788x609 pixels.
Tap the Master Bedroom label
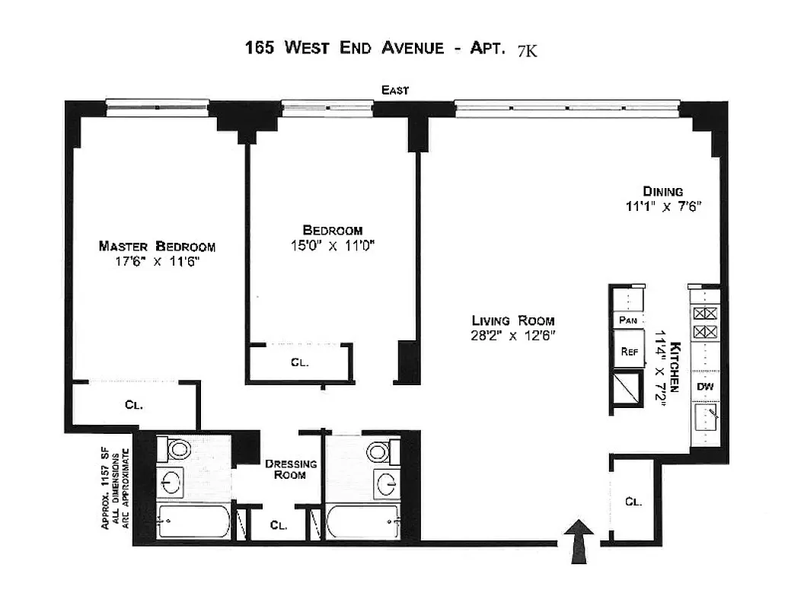point(157,246)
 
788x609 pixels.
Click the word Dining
point(662,191)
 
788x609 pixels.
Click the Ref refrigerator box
point(629,352)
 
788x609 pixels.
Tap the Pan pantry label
point(628,320)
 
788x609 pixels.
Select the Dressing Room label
point(286,469)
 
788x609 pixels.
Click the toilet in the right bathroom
point(378,451)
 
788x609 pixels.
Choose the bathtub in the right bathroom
point(362,523)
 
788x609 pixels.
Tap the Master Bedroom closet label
point(134,405)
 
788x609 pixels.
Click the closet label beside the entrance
point(633,502)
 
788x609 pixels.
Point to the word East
point(395,91)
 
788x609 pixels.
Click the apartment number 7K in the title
point(527,50)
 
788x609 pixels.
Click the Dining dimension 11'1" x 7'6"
point(662,206)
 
